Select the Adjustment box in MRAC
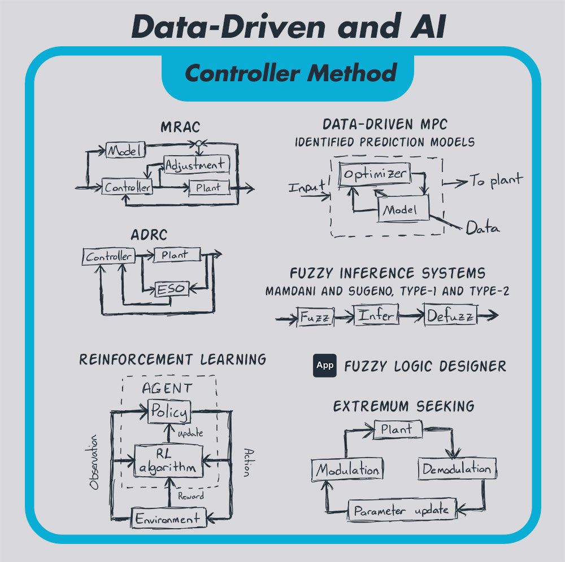point(195,165)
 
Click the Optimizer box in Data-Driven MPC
point(374,174)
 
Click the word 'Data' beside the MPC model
point(483,229)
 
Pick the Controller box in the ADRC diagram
point(109,257)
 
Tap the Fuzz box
point(315,317)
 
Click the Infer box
point(375,315)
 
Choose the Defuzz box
point(450,315)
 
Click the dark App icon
point(324,366)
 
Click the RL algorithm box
point(168,460)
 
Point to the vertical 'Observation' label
point(94,462)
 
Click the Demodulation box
point(457,469)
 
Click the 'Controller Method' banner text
point(290,73)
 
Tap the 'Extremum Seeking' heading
point(403,406)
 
